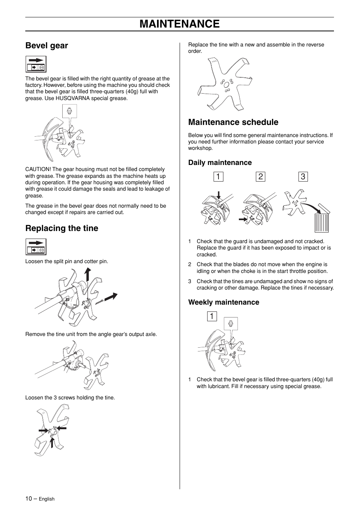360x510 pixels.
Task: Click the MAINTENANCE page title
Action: (179, 24)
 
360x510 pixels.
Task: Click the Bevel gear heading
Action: (46, 46)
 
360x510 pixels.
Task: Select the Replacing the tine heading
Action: (62, 228)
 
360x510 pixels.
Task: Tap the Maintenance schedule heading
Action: (233, 122)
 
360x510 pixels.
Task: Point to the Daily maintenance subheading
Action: (220, 163)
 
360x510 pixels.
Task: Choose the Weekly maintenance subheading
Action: (224, 302)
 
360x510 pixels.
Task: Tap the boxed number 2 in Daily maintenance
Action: (260, 177)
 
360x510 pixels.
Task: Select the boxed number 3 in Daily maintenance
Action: (303, 177)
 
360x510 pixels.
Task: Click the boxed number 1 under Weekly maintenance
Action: (212, 316)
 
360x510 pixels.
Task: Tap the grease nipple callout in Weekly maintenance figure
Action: (231, 324)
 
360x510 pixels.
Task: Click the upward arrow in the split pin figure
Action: (88, 274)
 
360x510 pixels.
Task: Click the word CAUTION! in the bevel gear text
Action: (38, 169)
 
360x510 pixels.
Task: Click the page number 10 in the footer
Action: (29, 498)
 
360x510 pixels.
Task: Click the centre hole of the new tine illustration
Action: (226, 85)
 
